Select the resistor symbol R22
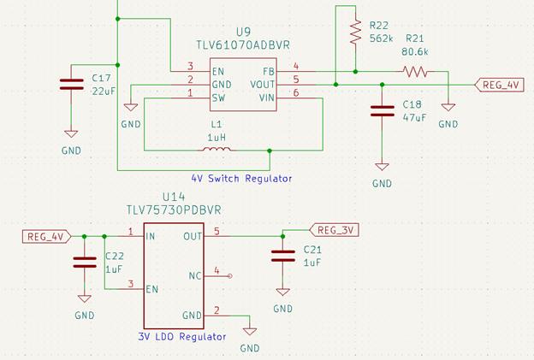(x=355, y=33)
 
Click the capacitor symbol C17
(x=71, y=85)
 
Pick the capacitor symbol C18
(x=382, y=110)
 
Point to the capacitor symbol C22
(x=84, y=261)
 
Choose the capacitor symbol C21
(x=282, y=256)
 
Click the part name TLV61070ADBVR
(x=241, y=44)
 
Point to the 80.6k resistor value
(x=415, y=51)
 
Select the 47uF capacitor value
(x=413, y=117)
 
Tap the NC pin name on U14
(x=195, y=275)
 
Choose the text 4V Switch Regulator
(x=241, y=179)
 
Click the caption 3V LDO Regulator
(x=182, y=337)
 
